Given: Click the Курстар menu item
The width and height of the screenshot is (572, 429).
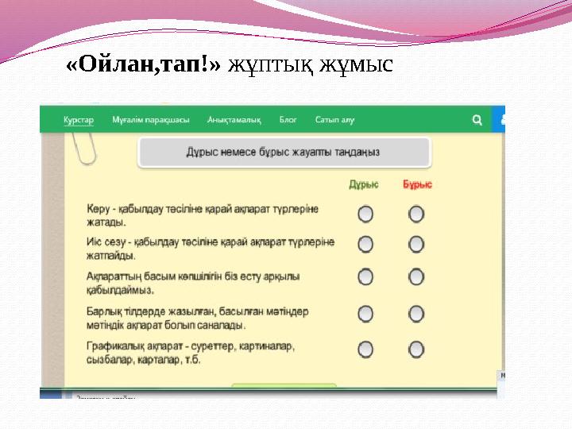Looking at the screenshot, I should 79,120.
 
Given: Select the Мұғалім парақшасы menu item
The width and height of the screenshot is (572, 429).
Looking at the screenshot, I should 151,120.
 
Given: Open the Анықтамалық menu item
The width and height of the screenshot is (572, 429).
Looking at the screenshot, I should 234,120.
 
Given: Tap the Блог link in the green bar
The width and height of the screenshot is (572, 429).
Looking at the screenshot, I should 288,120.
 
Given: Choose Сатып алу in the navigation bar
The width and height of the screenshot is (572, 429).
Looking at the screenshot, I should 334,120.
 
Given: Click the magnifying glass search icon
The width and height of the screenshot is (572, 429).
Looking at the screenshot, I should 477,120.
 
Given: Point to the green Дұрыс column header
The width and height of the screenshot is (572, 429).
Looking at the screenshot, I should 364,184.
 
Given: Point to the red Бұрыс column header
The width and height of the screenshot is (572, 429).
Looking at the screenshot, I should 417,184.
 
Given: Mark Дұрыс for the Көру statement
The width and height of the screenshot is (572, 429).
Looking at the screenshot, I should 365,214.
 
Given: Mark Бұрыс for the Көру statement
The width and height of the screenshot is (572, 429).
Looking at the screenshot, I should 416,214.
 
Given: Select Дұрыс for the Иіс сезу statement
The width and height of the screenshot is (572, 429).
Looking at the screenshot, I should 365,244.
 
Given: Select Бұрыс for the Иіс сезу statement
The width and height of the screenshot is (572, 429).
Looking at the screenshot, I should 416,244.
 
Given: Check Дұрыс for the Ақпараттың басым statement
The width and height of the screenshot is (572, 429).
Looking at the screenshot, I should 365,276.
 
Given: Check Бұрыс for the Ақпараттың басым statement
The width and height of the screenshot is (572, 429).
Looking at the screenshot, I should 416,276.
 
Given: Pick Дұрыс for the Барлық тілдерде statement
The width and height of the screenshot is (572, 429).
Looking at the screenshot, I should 365,314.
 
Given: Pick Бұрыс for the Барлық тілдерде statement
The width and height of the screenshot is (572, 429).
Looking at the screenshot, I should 416,314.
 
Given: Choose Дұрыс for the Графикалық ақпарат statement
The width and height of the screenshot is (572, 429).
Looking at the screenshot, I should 365,349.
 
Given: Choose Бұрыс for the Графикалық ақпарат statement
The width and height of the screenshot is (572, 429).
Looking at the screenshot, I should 416,349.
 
